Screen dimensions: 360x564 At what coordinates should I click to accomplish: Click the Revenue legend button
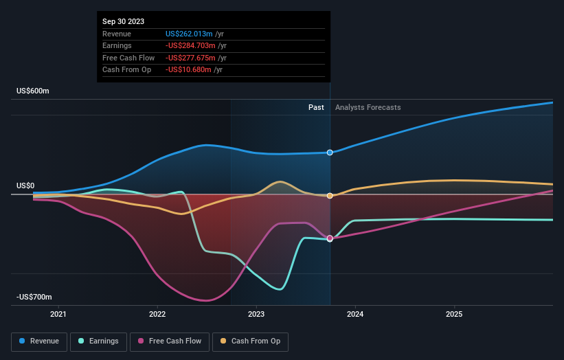coord(39,341)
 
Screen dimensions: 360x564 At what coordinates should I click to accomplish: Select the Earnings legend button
coord(98,341)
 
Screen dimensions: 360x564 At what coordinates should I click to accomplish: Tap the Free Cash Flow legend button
coord(170,341)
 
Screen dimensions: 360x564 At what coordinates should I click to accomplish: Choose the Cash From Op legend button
coord(251,341)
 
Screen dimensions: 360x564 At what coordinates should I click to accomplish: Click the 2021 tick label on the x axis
coord(59,314)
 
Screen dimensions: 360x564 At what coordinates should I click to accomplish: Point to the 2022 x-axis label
coord(157,314)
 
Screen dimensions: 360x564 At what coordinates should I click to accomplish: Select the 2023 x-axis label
coord(256,314)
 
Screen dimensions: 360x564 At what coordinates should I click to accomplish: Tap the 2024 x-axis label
coord(355,314)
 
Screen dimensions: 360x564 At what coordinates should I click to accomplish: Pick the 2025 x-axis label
coord(454,314)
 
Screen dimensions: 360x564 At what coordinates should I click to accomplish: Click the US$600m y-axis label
coord(33,91)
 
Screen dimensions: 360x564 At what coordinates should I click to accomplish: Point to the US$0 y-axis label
coord(25,186)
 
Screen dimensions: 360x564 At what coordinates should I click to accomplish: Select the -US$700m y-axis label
coord(34,297)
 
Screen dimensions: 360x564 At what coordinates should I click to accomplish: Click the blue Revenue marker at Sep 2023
coord(330,153)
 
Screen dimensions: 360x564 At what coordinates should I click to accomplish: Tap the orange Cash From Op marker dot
coord(330,196)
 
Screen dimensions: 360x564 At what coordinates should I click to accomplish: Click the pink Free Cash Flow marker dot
coord(330,238)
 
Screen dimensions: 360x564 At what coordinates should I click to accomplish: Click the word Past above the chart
coord(316,107)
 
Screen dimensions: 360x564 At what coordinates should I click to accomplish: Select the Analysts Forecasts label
coord(368,107)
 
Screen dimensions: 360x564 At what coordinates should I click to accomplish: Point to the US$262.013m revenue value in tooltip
coord(188,34)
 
